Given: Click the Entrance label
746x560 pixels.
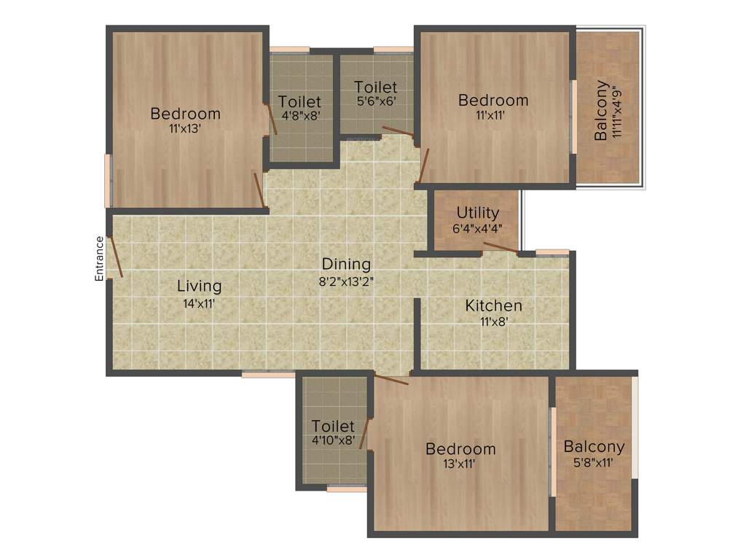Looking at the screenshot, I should (x=99, y=258).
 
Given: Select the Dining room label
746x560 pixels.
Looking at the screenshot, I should (x=347, y=264).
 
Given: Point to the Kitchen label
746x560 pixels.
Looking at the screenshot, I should (x=493, y=306).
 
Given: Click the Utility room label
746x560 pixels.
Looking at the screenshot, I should (x=478, y=213).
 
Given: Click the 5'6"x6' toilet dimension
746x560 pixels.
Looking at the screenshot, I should (x=376, y=101).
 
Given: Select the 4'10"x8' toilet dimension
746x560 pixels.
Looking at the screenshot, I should (x=333, y=440).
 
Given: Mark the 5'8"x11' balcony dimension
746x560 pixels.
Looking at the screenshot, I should (x=594, y=462).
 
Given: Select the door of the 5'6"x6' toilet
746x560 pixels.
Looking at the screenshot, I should (x=397, y=132).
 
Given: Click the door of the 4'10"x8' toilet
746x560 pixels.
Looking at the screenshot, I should (x=366, y=433).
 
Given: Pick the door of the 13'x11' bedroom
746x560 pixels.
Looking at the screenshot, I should (x=391, y=378).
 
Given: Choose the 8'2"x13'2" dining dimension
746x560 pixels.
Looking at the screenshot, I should (x=347, y=279).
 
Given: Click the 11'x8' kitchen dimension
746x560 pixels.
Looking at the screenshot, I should (x=493, y=320).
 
